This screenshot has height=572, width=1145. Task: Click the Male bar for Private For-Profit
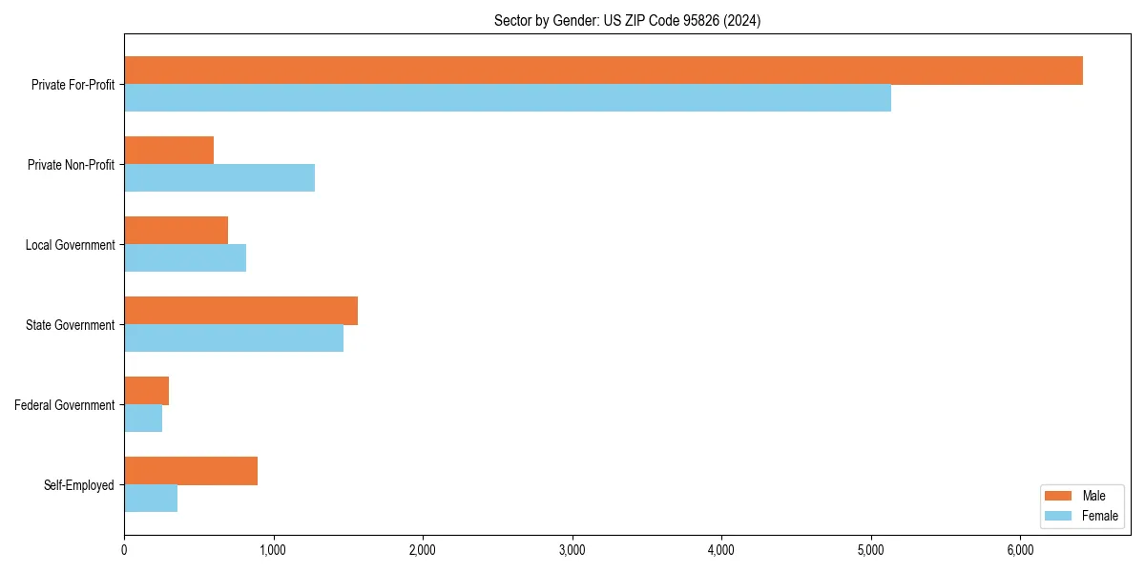tap(603, 71)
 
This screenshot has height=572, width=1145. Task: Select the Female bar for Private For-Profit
tap(508, 98)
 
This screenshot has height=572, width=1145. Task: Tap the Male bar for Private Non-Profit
tap(169, 151)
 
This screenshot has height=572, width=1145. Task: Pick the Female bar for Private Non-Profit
tap(219, 178)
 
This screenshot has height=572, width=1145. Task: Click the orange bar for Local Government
tap(177, 231)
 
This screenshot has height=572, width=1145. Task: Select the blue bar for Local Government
tap(185, 258)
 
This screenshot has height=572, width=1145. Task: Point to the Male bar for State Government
tap(240, 311)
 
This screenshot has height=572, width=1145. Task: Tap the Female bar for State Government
tap(234, 338)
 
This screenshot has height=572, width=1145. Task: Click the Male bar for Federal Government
tap(146, 391)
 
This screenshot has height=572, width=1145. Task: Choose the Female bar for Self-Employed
tap(151, 499)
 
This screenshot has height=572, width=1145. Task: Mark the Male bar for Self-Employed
tap(191, 471)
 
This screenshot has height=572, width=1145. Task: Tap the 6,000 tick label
tap(1020, 550)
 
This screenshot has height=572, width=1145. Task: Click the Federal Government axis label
tap(65, 405)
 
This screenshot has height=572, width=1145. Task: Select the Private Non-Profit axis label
tap(71, 165)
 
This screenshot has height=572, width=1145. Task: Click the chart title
tap(627, 20)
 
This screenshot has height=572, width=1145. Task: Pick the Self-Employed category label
tap(79, 485)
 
